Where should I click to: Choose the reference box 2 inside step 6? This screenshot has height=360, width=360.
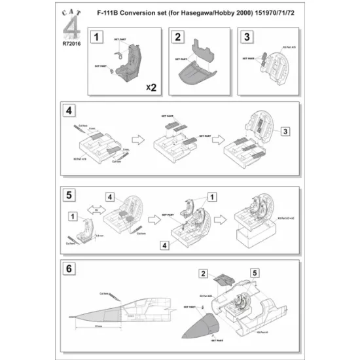coord(204,272)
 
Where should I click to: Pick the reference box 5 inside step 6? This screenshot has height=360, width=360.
coord(254,272)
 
